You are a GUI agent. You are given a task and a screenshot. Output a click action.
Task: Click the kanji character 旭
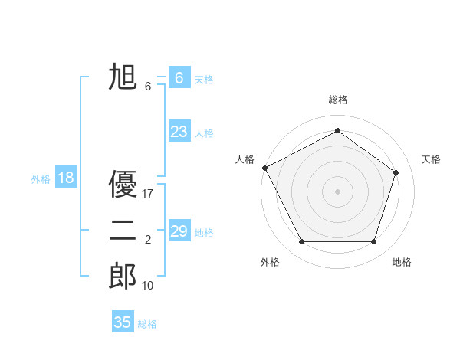123,77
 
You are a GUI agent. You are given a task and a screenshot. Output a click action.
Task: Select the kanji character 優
123,184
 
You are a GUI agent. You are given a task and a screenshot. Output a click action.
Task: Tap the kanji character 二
123,230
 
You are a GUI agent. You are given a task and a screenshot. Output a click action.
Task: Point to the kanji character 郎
123,276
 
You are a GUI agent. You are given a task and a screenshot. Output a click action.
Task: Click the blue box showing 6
179,78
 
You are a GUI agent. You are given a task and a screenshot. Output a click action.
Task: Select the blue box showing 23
179,132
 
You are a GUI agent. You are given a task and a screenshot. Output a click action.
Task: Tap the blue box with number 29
179,231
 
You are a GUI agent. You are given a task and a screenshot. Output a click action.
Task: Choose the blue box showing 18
66,178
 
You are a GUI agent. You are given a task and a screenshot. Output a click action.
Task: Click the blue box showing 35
123,322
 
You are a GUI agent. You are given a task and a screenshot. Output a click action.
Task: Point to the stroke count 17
148,194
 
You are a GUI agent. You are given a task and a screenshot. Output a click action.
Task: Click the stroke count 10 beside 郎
148,286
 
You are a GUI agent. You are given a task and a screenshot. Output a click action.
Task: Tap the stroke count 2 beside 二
148,240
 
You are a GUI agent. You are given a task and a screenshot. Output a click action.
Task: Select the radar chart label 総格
337,100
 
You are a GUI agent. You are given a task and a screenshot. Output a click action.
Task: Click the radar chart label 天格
432,159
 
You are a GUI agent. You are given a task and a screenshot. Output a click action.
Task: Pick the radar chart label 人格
245,159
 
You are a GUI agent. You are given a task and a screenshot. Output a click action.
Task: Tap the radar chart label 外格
270,262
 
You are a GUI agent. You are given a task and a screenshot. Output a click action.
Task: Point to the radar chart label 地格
402,262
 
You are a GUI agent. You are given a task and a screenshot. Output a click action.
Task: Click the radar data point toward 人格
264,168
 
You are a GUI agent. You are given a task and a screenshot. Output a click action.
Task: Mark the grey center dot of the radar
337,191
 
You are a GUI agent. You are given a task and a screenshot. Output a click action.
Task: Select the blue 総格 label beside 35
147,324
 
